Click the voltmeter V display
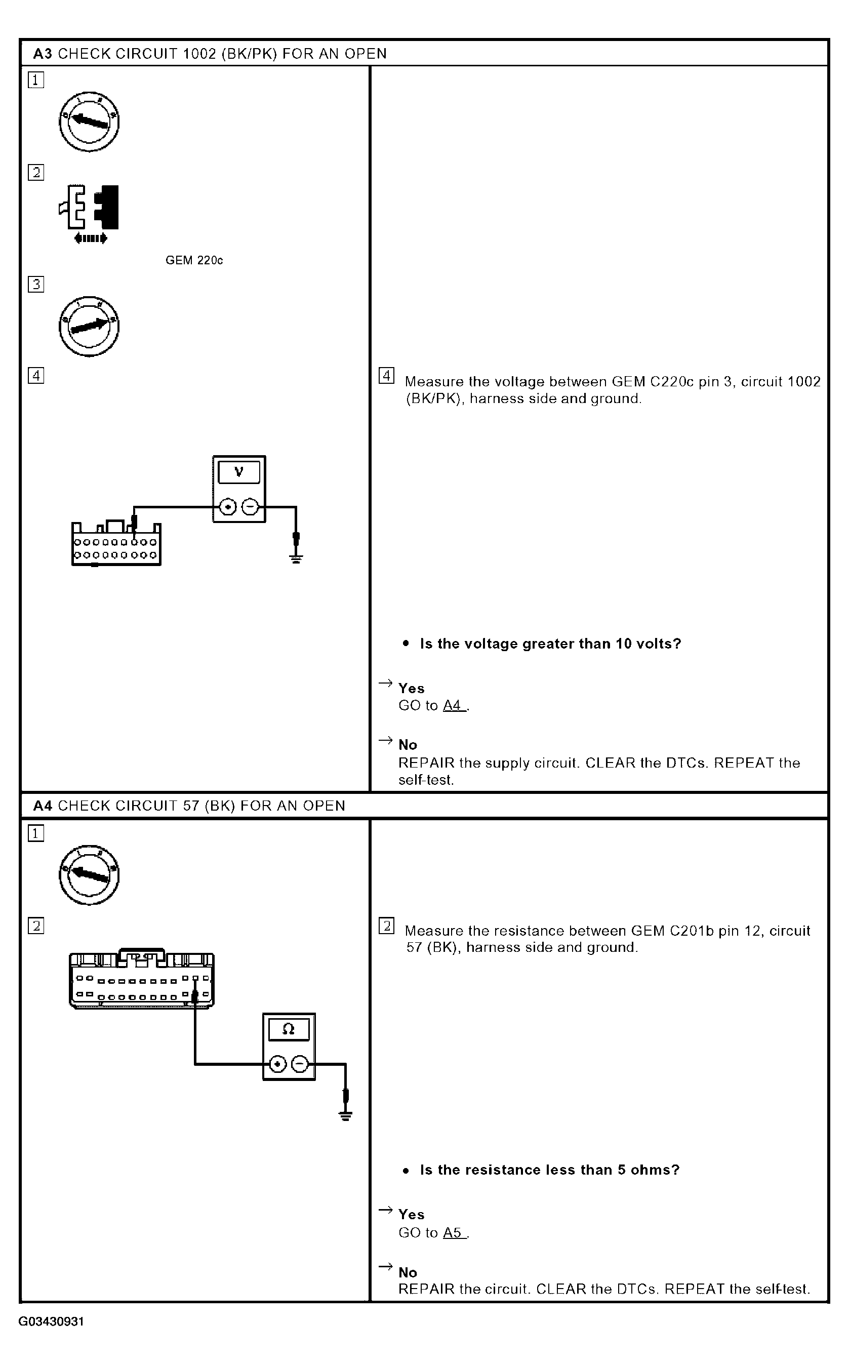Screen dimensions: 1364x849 238,472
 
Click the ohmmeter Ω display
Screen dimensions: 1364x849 289,1029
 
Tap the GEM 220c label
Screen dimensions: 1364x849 194,261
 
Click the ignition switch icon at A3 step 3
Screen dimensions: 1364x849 89,326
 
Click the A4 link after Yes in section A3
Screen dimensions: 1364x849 453,705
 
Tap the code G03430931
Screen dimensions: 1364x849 51,1322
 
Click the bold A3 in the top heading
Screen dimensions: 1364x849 43,54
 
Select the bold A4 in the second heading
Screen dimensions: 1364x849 43,806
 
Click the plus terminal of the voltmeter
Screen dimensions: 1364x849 227,507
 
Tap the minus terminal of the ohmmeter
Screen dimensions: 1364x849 300,1064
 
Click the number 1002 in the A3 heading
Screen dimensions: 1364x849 200,54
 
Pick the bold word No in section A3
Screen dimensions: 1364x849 408,745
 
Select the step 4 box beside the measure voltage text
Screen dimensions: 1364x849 386,376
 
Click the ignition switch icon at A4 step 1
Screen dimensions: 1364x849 89,874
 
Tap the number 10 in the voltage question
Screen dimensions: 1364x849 623,644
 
